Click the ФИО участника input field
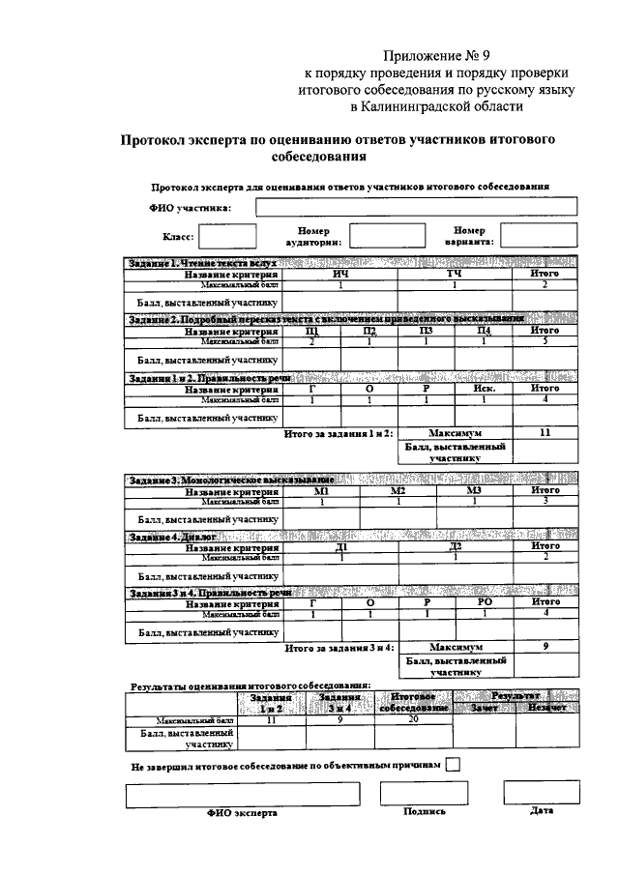(416, 206)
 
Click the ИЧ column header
(339, 274)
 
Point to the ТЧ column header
(454, 274)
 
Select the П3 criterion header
(427, 332)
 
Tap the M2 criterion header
(398, 490)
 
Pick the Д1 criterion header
(340, 547)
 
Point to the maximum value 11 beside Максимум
(545, 433)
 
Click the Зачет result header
(484, 708)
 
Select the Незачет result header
(547, 708)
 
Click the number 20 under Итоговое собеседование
(413, 720)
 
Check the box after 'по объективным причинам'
(454, 765)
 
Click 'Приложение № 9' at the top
(437, 53)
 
